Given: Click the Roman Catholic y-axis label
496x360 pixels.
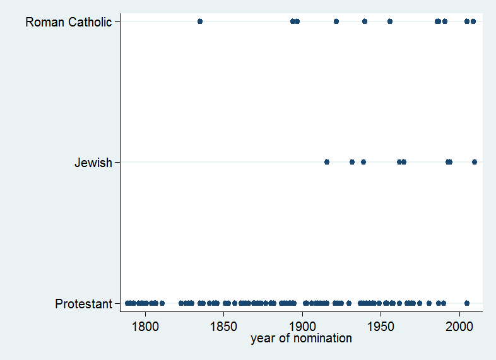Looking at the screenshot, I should pos(68,22).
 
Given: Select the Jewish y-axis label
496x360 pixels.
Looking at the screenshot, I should pos(93,163).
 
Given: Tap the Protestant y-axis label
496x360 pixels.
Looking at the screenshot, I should pos(83,304).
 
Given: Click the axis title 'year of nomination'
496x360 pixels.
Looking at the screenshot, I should pos(301,339).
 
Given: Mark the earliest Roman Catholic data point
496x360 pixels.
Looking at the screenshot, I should pos(200,21).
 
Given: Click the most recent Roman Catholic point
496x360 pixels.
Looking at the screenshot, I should pos(473,21).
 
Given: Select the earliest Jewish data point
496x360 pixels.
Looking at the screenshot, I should pos(327,162).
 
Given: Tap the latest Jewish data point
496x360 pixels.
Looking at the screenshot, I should pos(475,162).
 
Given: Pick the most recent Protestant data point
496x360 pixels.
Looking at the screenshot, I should pos(467,303).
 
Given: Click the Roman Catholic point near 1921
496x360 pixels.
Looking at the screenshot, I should pos(336,21).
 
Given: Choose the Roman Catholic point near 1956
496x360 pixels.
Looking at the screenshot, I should pos(390,21).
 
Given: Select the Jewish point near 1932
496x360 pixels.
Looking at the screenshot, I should pos(352,162).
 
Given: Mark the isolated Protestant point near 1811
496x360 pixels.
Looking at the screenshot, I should pos(162,303).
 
